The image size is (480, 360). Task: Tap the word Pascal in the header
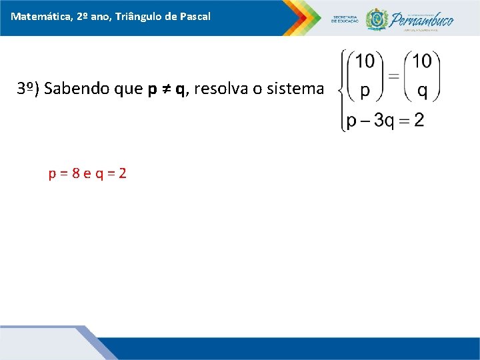coord(195,15)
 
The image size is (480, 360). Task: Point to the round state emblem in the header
coord(377,19)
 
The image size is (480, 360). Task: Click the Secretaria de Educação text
coord(345,19)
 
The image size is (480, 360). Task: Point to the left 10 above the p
coord(365,61)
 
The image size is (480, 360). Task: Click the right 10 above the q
coord(421,61)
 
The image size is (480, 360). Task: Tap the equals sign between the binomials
coord(393,76)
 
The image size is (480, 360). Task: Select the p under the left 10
coord(365,91)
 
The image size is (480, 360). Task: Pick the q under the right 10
coord(421,91)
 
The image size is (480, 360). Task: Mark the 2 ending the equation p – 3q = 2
coord(419,120)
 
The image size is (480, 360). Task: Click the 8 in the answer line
coord(77,174)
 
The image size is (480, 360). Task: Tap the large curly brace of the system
coord(342,90)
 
